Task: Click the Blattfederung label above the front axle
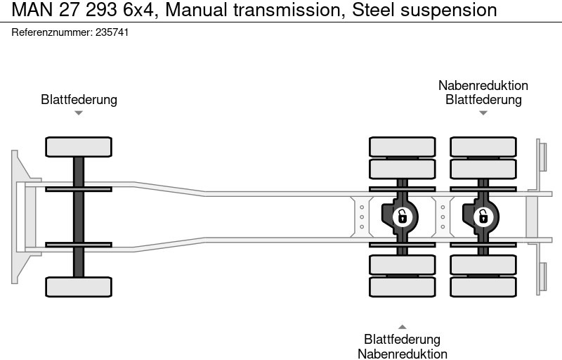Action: coord(79,99)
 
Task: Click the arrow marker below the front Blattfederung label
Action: coord(79,112)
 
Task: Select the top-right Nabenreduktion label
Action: coord(483,85)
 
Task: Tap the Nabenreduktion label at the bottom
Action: coord(402,354)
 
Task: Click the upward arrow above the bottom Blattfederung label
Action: coord(402,326)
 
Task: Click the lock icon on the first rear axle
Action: coord(402,217)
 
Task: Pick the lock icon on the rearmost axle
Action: coord(483,217)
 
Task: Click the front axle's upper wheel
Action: coord(79,147)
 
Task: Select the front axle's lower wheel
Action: coord(79,286)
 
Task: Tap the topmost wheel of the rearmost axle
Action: coord(483,146)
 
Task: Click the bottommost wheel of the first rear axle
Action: coord(402,287)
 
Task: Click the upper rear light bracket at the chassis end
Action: coord(542,155)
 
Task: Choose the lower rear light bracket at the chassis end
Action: coord(542,278)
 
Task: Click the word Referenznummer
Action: coord(51,32)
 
